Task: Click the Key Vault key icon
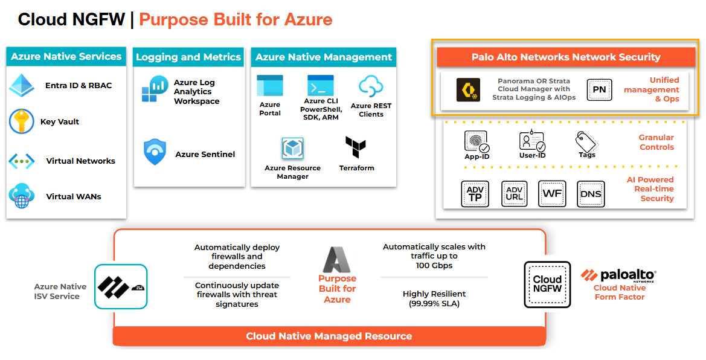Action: pyautogui.click(x=21, y=121)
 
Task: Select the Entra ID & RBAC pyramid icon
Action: pyautogui.click(x=22, y=85)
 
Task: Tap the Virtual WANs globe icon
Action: pyautogui.click(x=22, y=196)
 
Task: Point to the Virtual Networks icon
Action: pyautogui.click(x=22, y=161)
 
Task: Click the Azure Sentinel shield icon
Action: pyautogui.click(x=155, y=152)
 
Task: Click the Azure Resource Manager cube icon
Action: pyautogui.click(x=293, y=149)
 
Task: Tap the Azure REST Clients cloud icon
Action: pyautogui.click(x=371, y=86)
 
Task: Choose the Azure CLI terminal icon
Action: pyautogui.click(x=320, y=86)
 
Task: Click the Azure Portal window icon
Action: pyautogui.click(x=269, y=86)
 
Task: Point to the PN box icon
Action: pyautogui.click(x=599, y=89)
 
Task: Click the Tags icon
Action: pyautogui.click(x=586, y=142)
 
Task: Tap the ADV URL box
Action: pyautogui.click(x=514, y=194)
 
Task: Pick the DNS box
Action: pyautogui.click(x=590, y=194)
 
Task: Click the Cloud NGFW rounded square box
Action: pyautogui.click(x=547, y=284)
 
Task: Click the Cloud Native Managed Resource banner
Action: pyautogui.click(x=329, y=336)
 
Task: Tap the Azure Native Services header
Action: pyautogui.click(x=66, y=56)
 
